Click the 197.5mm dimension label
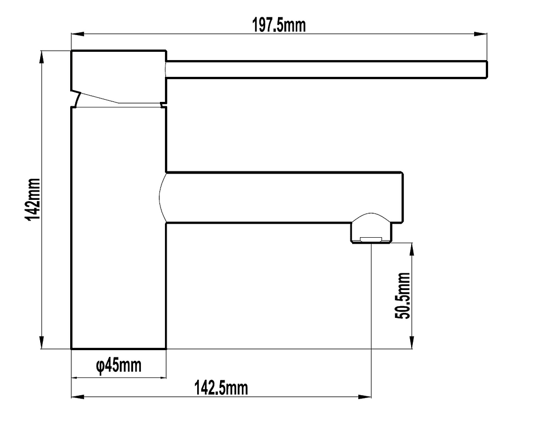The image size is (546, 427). pos(279,26)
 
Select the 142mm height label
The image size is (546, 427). pos(32,199)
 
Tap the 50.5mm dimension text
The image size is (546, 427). pos(402,296)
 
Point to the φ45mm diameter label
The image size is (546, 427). pos(119,365)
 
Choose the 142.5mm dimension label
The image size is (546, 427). pos(221,388)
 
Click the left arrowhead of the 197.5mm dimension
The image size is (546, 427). pos(77,34)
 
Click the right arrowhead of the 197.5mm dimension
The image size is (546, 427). pos(480,34)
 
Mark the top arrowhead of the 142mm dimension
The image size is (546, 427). pos(42,57)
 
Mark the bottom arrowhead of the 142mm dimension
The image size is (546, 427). pos(42,342)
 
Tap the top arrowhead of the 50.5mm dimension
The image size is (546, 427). pos(412,249)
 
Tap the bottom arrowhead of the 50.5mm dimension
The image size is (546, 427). pos(412,342)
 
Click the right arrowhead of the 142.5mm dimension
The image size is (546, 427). pos(365,396)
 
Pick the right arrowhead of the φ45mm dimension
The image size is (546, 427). pos(160,377)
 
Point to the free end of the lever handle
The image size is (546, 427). pos(486,70)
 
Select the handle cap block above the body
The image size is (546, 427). pos(119,77)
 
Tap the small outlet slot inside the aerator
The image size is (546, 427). pos(371,239)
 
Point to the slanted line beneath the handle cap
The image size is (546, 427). pos(100,98)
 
